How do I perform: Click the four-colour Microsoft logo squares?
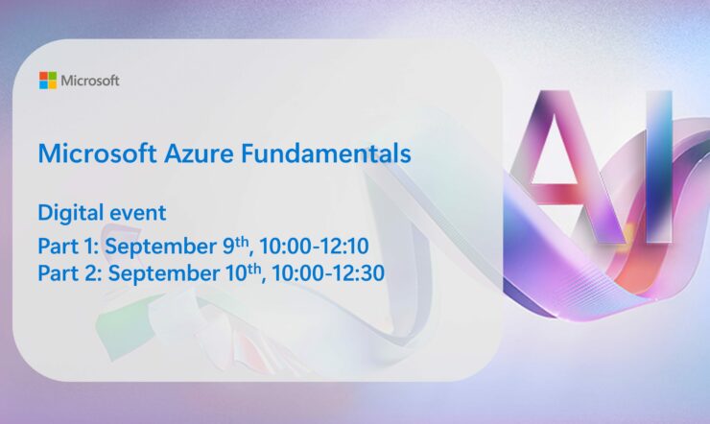coord(47,81)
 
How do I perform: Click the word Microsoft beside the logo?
coord(90,81)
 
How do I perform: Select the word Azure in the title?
coord(191,153)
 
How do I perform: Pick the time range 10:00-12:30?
coord(328,274)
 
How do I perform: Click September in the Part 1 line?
coord(160,247)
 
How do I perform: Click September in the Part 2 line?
coord(160,274)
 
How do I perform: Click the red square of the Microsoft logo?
coord(43,76)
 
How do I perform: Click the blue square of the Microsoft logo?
coord(43,85)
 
